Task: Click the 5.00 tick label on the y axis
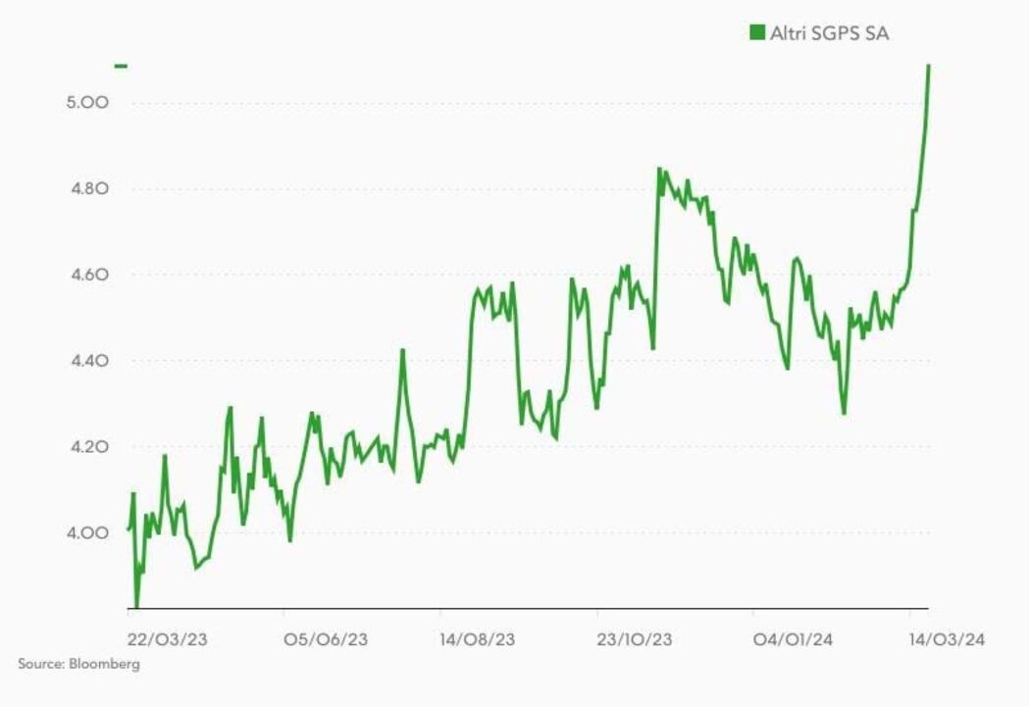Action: [86, 103]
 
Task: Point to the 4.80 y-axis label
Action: [86, 189]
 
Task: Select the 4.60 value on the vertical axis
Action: [86, 275]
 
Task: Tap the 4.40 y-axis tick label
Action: [86, 361]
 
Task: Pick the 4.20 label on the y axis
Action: [86, 447]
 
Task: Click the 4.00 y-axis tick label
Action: [86, 533]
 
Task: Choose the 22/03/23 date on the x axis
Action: [168, 639]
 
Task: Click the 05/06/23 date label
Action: [327, 639]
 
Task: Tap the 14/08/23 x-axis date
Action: [478, 639]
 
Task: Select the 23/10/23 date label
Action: [635, 639]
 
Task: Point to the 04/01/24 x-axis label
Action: [794, 639]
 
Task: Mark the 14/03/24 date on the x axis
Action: [945, 639]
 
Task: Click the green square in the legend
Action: [756, 33]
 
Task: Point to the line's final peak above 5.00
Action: [928, 66]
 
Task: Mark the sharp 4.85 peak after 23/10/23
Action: [659, 169]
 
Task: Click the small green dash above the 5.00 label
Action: [121, 66]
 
